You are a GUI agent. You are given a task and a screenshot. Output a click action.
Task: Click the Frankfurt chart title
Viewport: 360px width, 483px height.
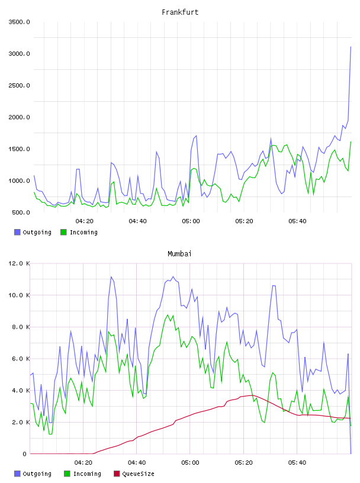click(x=180, y=12)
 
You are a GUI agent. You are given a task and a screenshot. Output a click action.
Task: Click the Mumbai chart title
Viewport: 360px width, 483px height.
click(x=179, y=253)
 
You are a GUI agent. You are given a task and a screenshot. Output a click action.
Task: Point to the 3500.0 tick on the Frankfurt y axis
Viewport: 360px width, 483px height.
click(x=19, y=22)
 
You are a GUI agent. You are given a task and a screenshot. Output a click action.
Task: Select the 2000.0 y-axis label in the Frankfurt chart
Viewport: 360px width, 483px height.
click(x=19, y=117)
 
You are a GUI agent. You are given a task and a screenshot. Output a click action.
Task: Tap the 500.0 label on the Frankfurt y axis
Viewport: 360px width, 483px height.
click(x=21, y=212)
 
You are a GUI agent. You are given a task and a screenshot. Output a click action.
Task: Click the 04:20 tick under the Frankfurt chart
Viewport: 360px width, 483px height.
click(x=85, y=221)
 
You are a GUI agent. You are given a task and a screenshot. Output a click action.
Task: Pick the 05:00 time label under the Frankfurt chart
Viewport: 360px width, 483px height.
click(x=191, y=221)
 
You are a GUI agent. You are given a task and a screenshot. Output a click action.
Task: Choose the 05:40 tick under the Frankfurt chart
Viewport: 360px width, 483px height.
click(x=297, y=221)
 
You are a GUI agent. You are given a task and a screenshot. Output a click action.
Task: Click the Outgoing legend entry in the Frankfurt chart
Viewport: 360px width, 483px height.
click(x=33, y=232)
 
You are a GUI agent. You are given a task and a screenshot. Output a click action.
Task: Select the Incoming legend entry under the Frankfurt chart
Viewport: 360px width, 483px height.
click(x=79, y=232)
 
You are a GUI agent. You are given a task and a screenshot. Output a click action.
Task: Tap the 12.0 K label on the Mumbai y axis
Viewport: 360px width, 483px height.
click(x=19, y=263)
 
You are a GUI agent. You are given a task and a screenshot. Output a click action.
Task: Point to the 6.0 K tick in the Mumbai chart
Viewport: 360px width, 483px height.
click(x=21, y=359)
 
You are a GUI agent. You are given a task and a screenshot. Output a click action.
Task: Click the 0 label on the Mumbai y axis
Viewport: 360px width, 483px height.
click(x=25, y=454)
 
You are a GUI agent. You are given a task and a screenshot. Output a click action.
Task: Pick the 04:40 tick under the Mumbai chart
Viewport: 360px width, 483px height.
click(x=137, y=463)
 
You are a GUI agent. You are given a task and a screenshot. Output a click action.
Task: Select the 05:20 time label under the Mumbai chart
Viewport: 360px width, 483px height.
click(x=243, y=463)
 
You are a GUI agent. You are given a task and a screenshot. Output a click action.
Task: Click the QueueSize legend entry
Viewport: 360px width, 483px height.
click(x=134, y=474)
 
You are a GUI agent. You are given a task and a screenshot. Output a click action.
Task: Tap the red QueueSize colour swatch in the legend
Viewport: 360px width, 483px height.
click(x=117, y=474)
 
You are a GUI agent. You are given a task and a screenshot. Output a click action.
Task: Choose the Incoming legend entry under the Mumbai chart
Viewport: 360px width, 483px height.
click(x=83, y=474)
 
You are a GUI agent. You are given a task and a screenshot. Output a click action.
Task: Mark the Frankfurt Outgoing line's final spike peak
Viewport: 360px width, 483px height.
click(x=351, y=47)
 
